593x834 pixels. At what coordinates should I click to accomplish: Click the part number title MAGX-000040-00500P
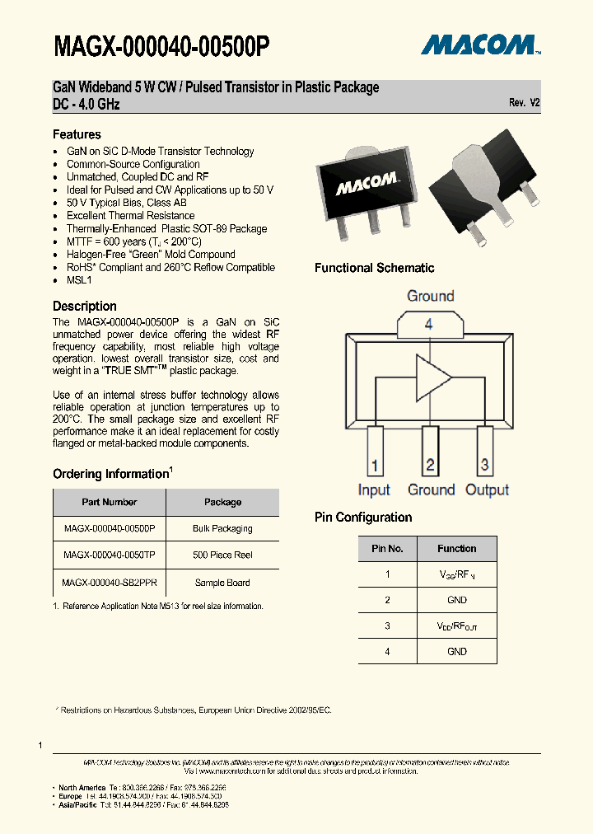click(x=161, y=46)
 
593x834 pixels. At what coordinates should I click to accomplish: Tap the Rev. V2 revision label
click(x=524, y=103)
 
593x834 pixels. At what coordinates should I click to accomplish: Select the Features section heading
click(x=77, y=134)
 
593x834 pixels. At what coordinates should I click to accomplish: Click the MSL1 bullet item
click(x=79, y=280)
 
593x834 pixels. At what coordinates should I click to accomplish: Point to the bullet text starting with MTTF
click(x=133, y=241)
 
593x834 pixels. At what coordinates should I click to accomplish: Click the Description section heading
click(x=84, y=306)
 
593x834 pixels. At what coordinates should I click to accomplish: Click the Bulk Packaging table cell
click(x=222, y=528)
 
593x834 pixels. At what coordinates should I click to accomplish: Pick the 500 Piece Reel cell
click(x=222, y=555)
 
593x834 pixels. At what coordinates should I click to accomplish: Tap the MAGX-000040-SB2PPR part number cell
click(x=110, y=583)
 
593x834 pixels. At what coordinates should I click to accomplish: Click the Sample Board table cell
click(x=222, y=583)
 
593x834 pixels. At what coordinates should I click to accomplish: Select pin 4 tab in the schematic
click(x=429, y=324)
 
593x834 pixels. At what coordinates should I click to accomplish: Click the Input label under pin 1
click(x=374, y=490)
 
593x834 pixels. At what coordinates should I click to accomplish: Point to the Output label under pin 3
click(x=487, y=490)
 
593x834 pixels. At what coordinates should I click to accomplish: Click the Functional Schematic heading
click(x=374, y=268)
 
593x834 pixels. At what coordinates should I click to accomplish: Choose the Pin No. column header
click(x=387, y=549)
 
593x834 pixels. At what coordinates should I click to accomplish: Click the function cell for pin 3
click(x=456, y=626)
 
